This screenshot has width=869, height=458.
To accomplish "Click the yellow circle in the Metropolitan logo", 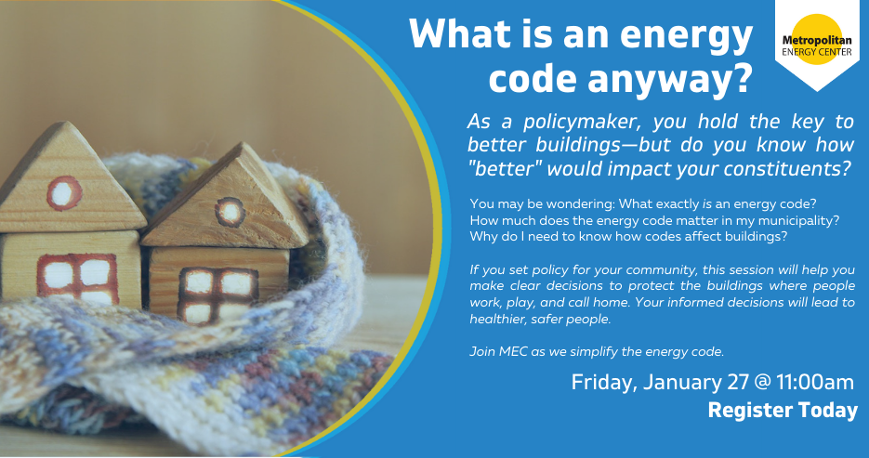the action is tap(817, 39).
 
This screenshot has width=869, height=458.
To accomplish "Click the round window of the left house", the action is tap(64, 193).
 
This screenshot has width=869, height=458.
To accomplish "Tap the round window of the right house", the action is tap(230, 212).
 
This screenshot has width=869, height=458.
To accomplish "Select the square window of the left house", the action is tap(77, 279).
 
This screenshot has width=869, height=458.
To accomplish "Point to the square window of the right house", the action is tap(217, 295).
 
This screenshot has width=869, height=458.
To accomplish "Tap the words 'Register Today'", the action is tap(783, 411).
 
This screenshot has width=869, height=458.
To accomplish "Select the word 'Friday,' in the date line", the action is tap(603, 383).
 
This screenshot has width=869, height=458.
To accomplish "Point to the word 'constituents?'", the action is tap(789, 169).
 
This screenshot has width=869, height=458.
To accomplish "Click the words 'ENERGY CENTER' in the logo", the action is tap(817, 51).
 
